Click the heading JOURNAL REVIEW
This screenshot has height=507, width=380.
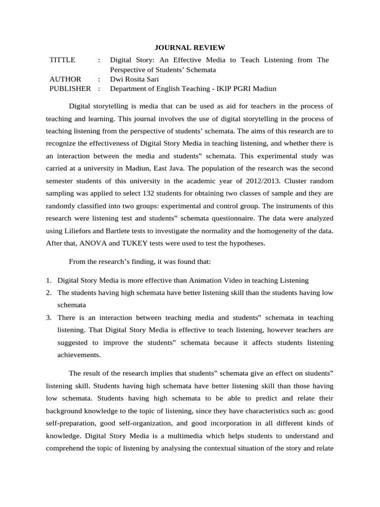[190, 48]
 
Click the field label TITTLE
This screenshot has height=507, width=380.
[63, 60]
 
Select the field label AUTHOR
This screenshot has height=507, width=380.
[65, 79]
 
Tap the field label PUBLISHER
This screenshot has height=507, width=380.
[70, 89]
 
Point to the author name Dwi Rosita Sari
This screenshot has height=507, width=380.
[135, 79]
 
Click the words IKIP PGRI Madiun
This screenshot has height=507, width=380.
[247, 89]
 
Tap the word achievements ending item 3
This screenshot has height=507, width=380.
[79, 355]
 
